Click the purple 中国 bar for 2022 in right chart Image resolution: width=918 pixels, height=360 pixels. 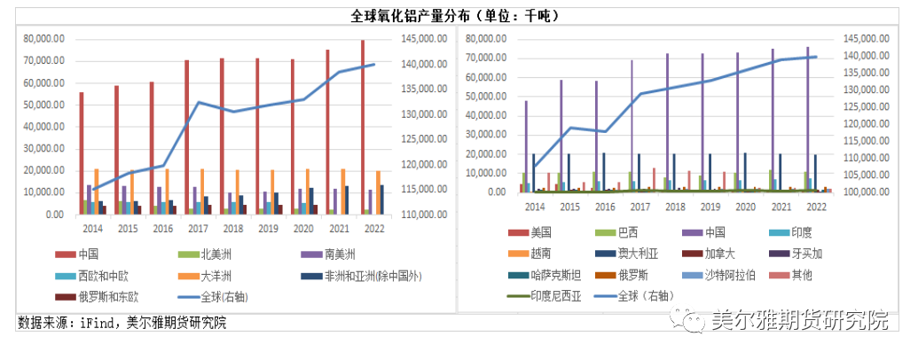point(807,119)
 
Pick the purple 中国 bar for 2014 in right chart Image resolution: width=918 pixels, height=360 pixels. point(526,145)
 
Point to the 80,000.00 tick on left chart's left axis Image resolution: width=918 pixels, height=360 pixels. point(44,39)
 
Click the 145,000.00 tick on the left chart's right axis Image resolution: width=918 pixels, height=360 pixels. point(421,39)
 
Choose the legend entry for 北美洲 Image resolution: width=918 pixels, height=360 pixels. point(213,254)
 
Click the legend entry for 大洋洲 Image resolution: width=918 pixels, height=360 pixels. point(213,275)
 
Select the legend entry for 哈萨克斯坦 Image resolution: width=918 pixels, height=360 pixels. point(557,275)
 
